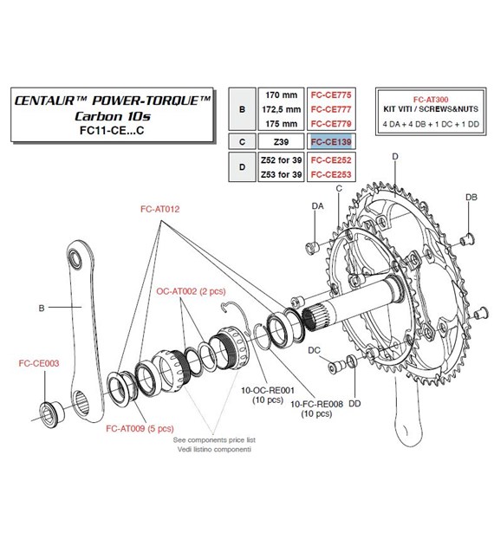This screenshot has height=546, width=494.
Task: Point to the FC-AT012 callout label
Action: (x=160, y=210)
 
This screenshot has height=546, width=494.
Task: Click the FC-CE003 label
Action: (x=39, y=364)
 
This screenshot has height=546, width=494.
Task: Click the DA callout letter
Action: (x=316, y=205)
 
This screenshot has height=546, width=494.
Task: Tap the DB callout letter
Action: (x=471, y=198)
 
